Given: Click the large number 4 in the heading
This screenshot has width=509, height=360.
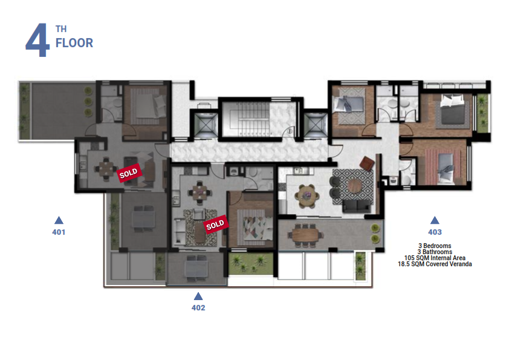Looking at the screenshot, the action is (x=37, y=40).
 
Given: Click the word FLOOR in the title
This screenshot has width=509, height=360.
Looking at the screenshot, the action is (x=74, y=43).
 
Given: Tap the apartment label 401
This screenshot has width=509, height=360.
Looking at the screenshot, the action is (x=59, y=232).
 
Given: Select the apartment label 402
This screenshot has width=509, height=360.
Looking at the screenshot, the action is (x=198, y=308).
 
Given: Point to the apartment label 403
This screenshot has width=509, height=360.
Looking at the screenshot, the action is (x=435, y=232).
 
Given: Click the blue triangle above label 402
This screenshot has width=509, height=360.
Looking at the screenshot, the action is (x=198, y=296).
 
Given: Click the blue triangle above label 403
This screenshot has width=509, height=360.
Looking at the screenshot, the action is (x=435, y=221).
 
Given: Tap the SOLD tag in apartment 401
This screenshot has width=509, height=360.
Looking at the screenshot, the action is (x=129, y=173).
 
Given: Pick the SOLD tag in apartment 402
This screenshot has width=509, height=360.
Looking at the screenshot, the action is (x=216, y=224).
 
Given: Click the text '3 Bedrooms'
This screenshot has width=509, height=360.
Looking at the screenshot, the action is (x=435, y=246).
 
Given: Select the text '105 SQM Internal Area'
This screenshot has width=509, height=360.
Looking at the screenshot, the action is (x=435, y=258).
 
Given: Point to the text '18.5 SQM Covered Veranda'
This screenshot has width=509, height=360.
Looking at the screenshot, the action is (x=435, y=264).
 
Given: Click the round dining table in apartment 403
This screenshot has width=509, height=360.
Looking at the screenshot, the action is (x=306, y=196).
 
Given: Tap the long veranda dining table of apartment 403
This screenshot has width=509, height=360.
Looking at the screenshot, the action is (x=306, y=235).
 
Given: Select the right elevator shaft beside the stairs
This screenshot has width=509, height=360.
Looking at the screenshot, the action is (x=315, y=125).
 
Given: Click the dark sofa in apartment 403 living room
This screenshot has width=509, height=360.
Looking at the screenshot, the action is (x=357, y=206).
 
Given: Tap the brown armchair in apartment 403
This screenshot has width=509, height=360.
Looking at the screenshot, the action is (x=366, y=163).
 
